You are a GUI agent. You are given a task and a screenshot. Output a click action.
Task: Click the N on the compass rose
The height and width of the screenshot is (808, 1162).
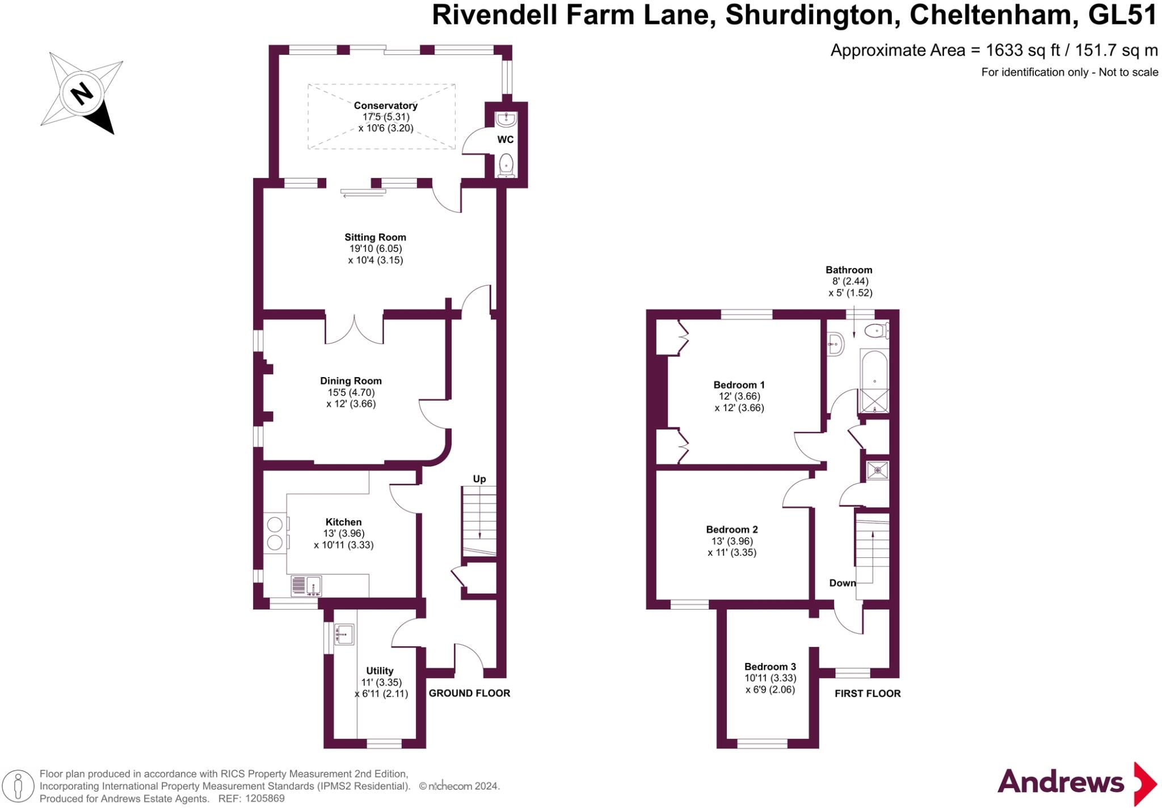(x=82, y=94)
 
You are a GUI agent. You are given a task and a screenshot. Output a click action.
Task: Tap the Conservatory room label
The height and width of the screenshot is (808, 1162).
(x=385, y=105)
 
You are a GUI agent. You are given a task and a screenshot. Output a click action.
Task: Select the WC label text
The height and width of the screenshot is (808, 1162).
(x=505, y=139)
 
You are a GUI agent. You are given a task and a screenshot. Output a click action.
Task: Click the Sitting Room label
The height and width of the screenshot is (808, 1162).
(x=375, y=238)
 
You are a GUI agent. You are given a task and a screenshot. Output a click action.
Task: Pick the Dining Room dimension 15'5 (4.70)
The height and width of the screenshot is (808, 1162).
(x=351, y=392)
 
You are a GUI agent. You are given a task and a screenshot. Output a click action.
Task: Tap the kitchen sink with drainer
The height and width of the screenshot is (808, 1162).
(x=306, y=586)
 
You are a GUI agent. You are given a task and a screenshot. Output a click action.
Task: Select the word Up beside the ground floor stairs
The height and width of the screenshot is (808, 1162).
(x=479, y=479)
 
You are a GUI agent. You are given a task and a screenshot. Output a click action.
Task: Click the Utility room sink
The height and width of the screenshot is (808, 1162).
(x=344, y=634)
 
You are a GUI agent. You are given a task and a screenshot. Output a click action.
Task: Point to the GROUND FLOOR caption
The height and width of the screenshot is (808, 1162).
(x=469, y=693)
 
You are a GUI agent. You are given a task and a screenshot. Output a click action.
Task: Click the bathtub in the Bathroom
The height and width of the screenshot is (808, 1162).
(x=874, y=381)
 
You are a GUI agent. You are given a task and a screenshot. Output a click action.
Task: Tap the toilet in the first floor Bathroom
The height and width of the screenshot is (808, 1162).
(x=877, y=330)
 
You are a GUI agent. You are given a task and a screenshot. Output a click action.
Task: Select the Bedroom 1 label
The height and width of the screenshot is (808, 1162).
(x=739, y=385)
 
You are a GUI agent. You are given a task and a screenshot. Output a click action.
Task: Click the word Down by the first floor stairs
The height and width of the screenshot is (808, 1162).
(x=842, y=583)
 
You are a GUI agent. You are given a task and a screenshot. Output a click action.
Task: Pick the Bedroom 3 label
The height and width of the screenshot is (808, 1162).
(x=770, y=667)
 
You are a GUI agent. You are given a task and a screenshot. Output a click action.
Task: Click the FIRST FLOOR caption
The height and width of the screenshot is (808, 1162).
(x=868, y=693)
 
